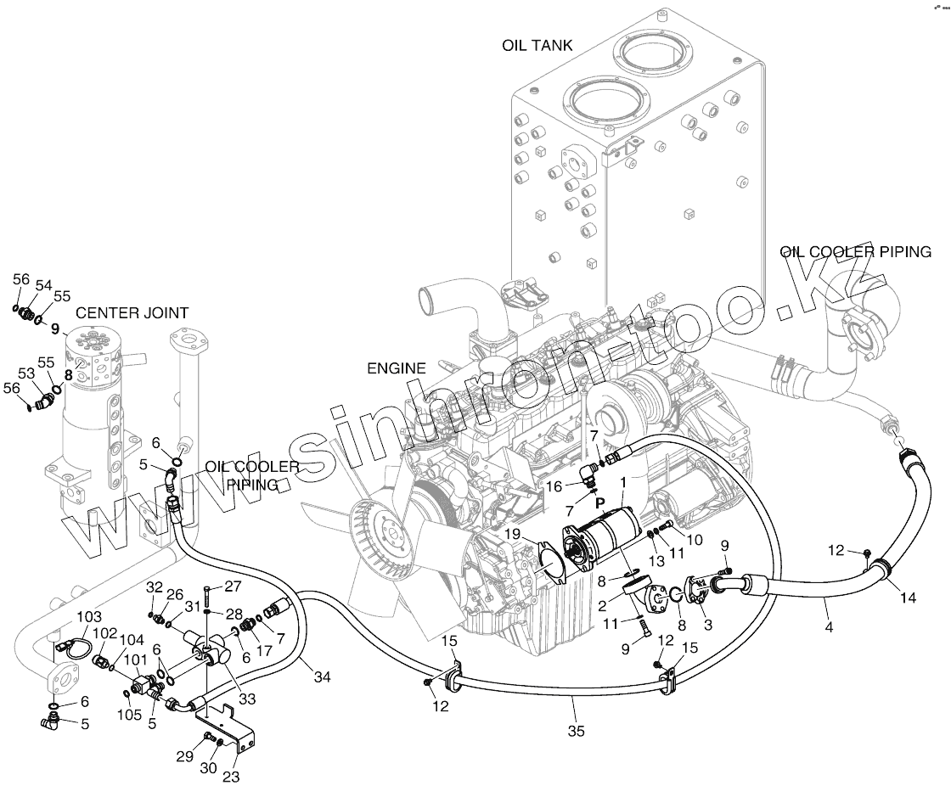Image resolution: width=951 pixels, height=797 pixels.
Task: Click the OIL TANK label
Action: pos(537,46)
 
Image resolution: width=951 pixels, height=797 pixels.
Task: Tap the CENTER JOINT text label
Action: pos(132,313)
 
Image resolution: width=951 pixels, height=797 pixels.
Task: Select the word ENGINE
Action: pos(397,368)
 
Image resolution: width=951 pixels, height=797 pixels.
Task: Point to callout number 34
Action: pos(322,676)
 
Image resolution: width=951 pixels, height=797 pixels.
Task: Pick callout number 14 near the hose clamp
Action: pos(908,598)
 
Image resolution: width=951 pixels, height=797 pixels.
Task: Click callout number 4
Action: pos(829,627)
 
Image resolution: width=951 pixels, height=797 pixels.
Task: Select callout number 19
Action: pos(513,534)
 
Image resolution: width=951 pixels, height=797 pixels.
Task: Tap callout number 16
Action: pos(554,487)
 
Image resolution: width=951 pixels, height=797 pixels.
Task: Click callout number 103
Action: pos(89,616)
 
